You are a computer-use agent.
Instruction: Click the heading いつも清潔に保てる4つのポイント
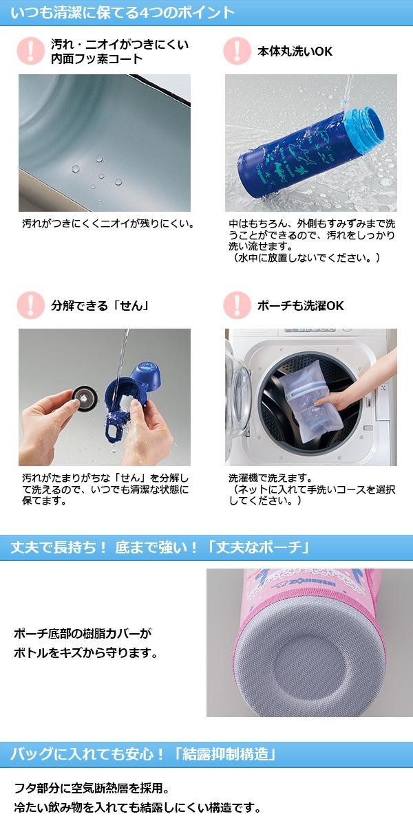tap(123, 12)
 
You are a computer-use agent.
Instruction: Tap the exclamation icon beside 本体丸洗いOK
tap(237, 51)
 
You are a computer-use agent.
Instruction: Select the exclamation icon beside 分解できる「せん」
tap(30, 305)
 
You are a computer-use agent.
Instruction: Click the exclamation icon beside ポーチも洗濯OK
tap(237, 305)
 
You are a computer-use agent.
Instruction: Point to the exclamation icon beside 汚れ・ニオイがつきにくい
tap(30, 51)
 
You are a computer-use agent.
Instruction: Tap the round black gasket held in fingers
tap(85, 397)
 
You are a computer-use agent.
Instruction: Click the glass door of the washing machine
tap(239, 398)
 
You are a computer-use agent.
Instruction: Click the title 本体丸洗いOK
tap(295, 51)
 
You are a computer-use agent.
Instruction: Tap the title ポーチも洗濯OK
tap(301, 305)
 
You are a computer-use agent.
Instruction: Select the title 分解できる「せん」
tap(100, 305)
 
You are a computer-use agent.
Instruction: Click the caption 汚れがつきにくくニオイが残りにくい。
tap(108, 223)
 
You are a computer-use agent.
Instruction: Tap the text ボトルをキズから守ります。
tap(85, 653)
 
